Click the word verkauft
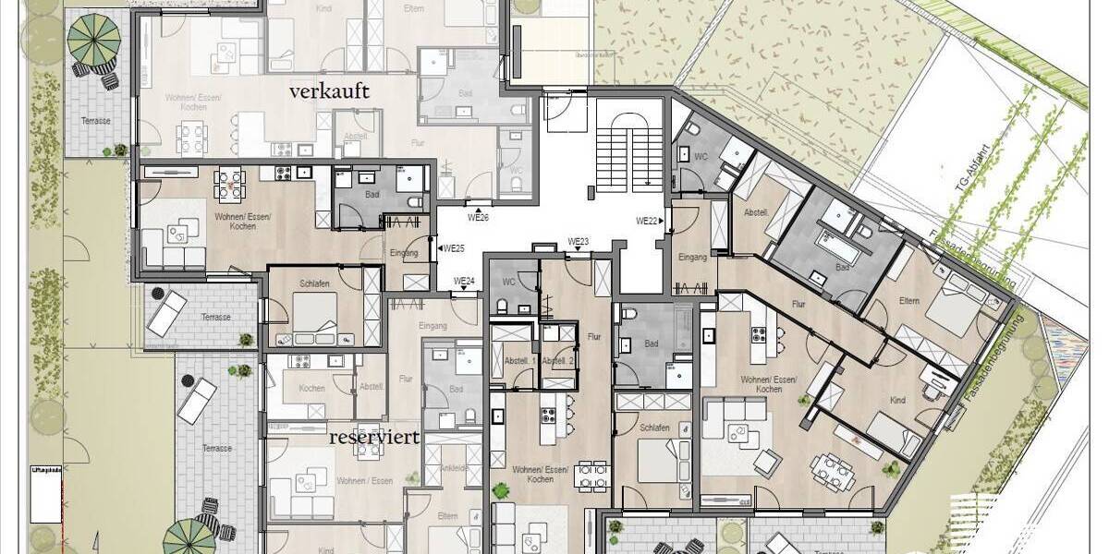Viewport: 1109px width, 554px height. tap(329, 91)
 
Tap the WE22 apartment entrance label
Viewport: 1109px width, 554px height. tap(648, 221)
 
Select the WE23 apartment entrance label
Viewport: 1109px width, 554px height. tap(579, 243)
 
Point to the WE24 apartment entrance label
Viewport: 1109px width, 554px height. tap(464, 282)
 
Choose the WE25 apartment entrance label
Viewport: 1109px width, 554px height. tap(452, 248)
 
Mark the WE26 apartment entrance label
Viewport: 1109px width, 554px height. tap(478, 218)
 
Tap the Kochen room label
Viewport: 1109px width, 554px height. tap(311, 388)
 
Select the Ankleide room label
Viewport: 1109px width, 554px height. tap(452, 467)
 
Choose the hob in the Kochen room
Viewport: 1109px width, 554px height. tap(299, 361)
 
